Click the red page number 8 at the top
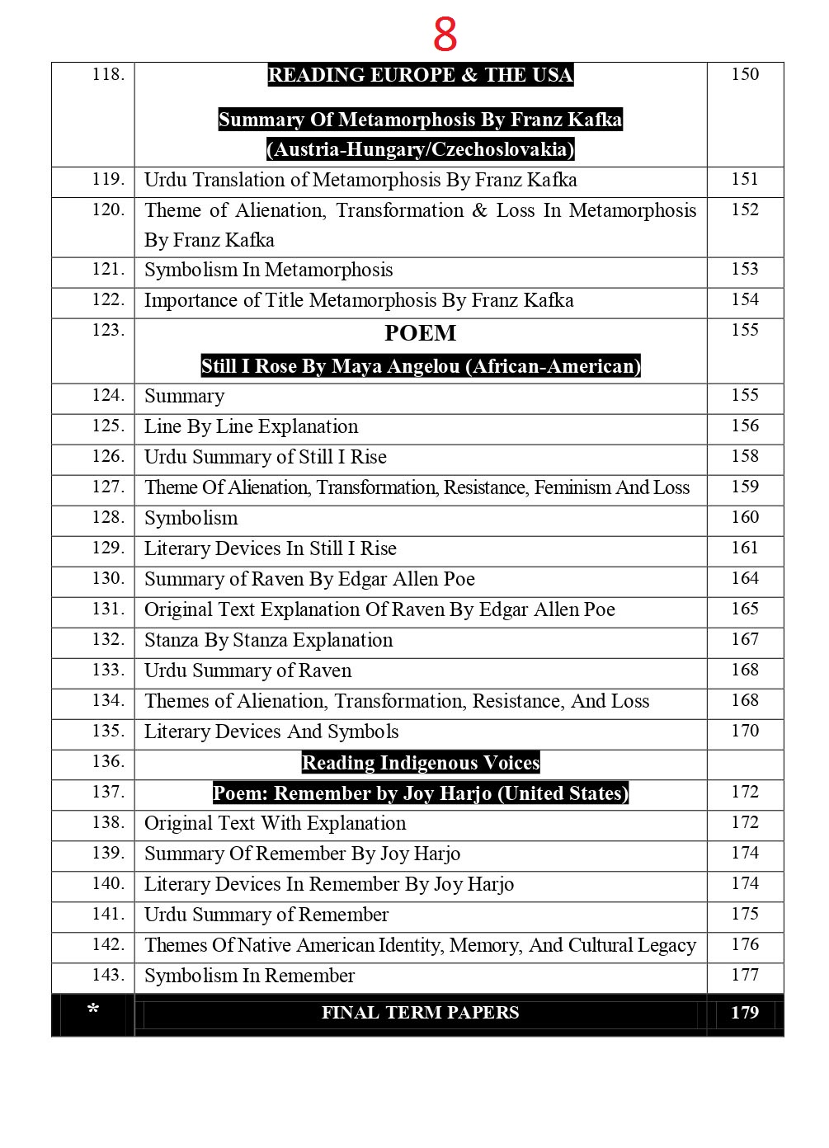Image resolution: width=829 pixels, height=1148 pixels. [445, 35]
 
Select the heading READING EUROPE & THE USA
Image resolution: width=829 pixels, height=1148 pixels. [420, 75]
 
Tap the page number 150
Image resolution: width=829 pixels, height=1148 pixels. [744, 74]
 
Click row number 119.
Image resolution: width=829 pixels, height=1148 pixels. [108, 179]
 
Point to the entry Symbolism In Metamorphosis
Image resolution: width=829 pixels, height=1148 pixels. [268, 271]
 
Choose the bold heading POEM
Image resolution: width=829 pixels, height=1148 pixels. [420, 333]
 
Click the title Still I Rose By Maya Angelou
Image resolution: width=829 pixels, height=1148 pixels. [420, 366]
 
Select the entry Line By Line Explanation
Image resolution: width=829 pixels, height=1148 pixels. [251, 427]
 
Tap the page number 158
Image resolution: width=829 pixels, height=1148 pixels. [744, 456]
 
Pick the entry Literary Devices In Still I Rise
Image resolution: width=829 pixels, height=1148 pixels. [270, 549]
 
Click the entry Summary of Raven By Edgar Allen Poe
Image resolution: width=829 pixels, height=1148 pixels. [309, 580]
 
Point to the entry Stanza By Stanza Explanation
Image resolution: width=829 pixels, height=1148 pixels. [268, 641]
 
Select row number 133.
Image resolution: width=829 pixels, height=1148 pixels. [108, 670]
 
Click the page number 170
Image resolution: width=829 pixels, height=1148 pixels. [744, 731]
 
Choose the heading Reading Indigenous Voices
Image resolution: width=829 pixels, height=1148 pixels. [420, 763]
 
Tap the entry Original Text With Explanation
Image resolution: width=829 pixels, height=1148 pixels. [275, 824]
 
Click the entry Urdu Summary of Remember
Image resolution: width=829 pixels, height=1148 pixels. [266, 915]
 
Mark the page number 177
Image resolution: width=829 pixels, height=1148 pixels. [744, 975]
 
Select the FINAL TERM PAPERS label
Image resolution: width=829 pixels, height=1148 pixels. [420, 1013]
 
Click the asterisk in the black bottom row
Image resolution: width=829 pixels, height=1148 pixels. [93, 1010]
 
